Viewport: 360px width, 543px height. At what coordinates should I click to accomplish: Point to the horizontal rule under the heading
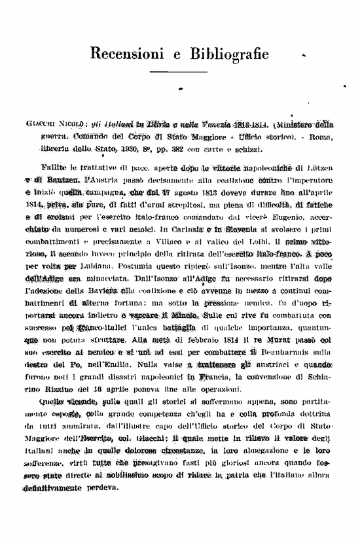(179, 72)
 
